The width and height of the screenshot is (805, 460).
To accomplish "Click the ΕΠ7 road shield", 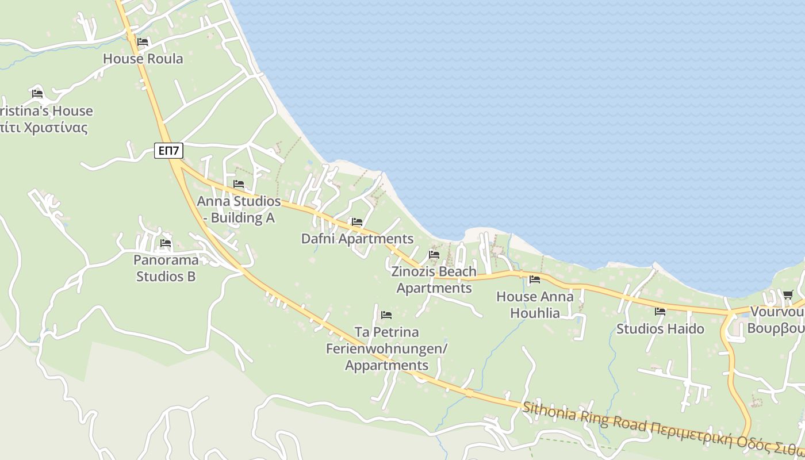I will tap(169, 151).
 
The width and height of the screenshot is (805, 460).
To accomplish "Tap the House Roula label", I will tap(143, 59).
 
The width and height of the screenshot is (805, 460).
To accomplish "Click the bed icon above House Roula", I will tap(143, 42).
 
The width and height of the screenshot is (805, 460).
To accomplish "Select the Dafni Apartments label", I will tap(357, 239).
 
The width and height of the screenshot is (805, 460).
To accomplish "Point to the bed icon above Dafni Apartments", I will tap(357, 222).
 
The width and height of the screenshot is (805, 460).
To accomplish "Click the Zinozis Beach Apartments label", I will tap(434, 279).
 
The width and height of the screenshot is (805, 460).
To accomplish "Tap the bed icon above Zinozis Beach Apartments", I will tap(434, 254).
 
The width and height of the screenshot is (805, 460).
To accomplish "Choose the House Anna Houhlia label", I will tap(535, 305).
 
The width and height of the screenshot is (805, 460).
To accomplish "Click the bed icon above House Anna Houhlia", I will tap(535, 279).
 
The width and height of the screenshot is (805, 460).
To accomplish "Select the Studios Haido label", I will tap(660, 329).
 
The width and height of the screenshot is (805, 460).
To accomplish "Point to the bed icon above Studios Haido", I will tap(660, 312).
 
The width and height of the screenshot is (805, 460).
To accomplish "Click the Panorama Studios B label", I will tap(166, 268).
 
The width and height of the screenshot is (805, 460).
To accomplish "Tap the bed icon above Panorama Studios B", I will tap(166, 243).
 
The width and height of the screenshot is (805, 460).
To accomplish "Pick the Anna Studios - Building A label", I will tap(239, 209).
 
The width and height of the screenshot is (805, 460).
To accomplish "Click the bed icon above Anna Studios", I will tap(239, 184).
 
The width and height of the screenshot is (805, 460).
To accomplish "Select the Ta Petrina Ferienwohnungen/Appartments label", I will tap(386, 348).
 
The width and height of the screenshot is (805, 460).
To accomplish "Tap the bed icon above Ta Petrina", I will tap(386, 315).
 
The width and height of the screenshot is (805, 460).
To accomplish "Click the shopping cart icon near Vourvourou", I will tap(788, 295).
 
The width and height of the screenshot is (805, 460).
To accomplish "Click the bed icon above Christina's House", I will tap(38, 93).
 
